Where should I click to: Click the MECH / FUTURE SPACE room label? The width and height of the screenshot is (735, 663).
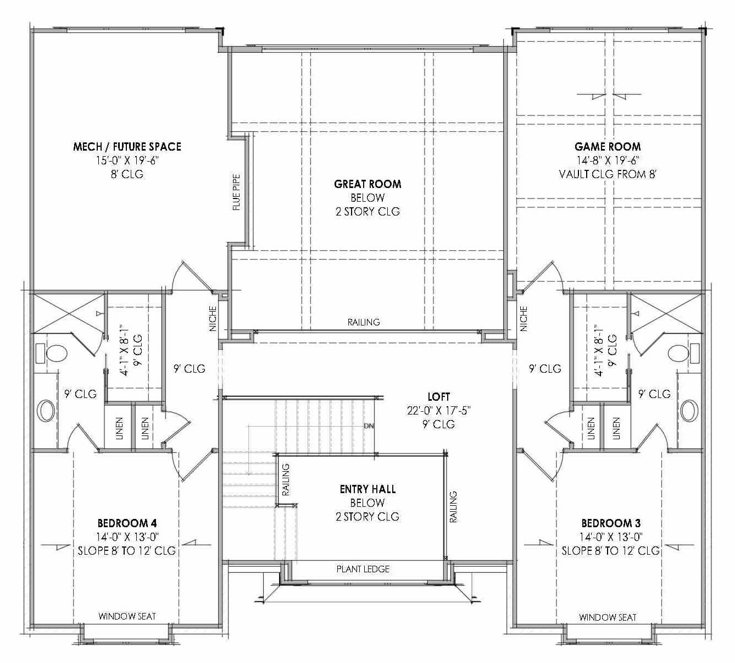coord(127,147)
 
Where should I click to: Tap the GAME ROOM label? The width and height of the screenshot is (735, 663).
coord(608,147)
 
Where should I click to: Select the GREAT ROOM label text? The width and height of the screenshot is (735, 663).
coord(367,184)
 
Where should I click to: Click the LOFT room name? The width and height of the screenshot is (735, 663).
coord(438,396)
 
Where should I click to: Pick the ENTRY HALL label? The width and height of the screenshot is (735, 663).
coord(367,489)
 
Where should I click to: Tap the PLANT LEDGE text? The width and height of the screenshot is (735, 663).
coord(363,569)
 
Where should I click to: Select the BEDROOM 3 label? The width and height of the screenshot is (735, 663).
coord(611,523)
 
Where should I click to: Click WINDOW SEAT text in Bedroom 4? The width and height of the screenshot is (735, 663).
coord(127,616)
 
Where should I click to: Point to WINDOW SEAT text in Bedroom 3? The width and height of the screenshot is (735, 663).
coord(608,617)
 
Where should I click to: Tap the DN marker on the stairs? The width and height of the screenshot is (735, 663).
coord(369,426)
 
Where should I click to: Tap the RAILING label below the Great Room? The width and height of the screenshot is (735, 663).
coord(363,322)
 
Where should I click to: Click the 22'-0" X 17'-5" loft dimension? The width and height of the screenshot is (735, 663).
coord(438,410)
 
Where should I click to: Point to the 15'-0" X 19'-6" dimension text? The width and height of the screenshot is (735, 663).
coord(127,161)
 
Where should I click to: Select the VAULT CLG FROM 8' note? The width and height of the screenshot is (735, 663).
coord(608,174)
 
